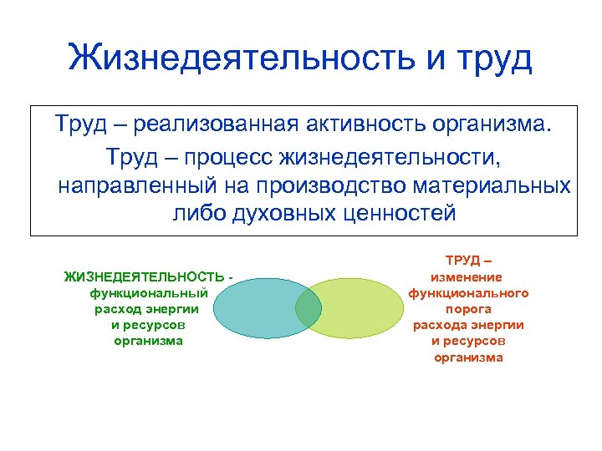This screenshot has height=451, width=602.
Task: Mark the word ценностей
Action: coord(400,213)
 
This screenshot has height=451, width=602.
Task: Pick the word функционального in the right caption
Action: coord(468,293)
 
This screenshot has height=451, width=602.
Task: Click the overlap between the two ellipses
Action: coord(309,307)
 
